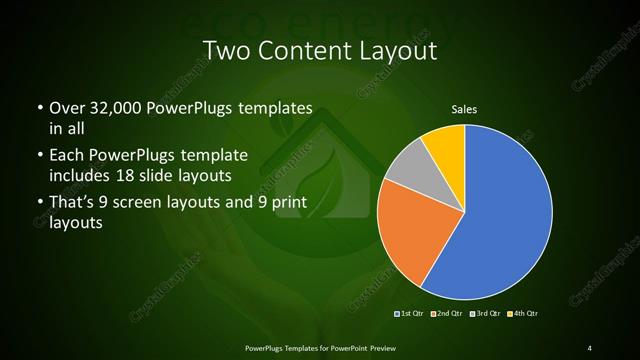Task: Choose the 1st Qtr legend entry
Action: (x=411, y=314)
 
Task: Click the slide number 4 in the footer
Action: (x=590, y=347)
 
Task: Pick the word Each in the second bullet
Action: (x=66, y=156)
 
